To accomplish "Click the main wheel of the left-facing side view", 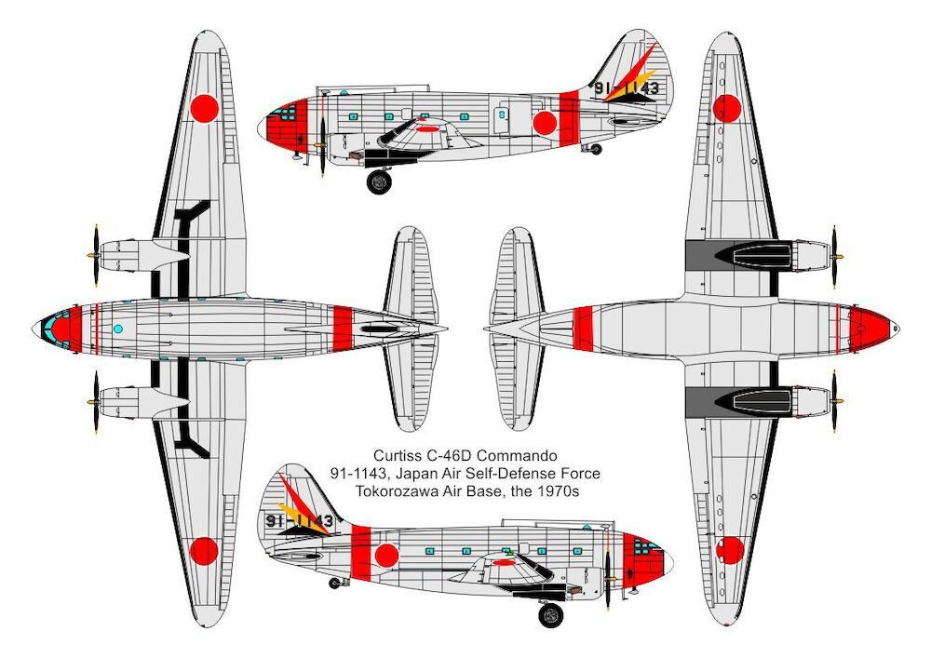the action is click(379, 181).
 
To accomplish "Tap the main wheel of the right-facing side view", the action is click(551, 614).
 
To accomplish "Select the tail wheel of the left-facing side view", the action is click(596, 149).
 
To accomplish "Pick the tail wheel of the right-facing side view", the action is click(335, 583).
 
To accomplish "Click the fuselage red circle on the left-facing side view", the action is click(545, 123).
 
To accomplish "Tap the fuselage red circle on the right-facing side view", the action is click(386, 556).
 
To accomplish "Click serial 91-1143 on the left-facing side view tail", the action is click(627, 88).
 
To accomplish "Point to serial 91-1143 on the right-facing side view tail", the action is click(299, 521).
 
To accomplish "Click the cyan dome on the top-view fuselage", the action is click(117, 329).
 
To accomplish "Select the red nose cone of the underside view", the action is click(870, 328).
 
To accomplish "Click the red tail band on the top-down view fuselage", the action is click(343, 329).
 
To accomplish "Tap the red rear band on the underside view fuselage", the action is click(583, 329).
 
